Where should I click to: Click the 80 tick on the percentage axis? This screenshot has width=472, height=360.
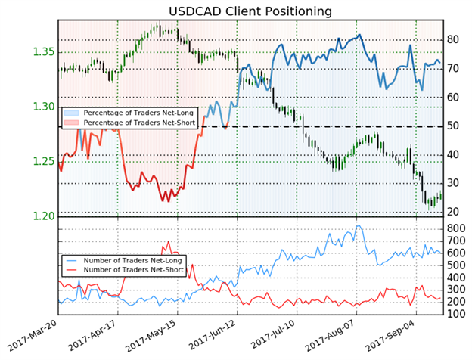pyautogui.click(x=452, y=39)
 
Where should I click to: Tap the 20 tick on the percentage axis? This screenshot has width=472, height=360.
pyautogui.click(x=452, y=212)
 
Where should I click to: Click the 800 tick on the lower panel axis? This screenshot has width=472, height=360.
pyautogui.click(x=454, y=227)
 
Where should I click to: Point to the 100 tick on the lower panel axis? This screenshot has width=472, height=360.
pyautogui.click(x=454, y=314)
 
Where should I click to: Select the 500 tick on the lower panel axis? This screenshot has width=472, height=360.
pyautogui.click(x=454, y=264)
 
